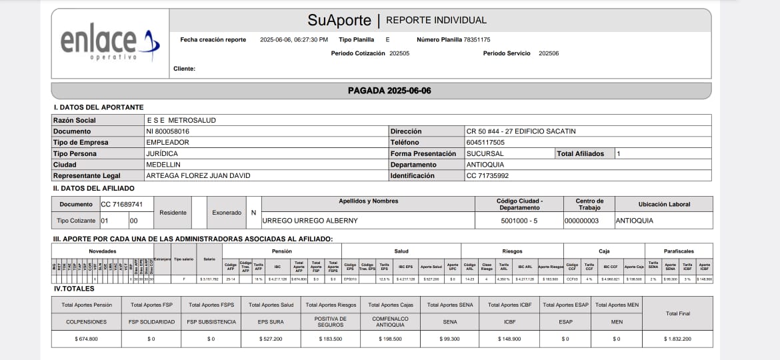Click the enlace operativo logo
[110, 43]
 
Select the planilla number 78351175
[477, 40]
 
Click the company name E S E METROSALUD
[181, 120]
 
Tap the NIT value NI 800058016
[167, 131]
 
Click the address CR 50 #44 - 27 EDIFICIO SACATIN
[521, 131]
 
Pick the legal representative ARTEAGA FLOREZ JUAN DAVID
[198, 176]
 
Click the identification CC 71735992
[488, 176]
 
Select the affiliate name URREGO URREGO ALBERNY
[311, 221]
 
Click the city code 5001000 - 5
[520, 221]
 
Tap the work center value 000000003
[581, 221]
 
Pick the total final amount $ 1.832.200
[677, 339]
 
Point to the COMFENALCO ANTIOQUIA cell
[390, 321]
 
